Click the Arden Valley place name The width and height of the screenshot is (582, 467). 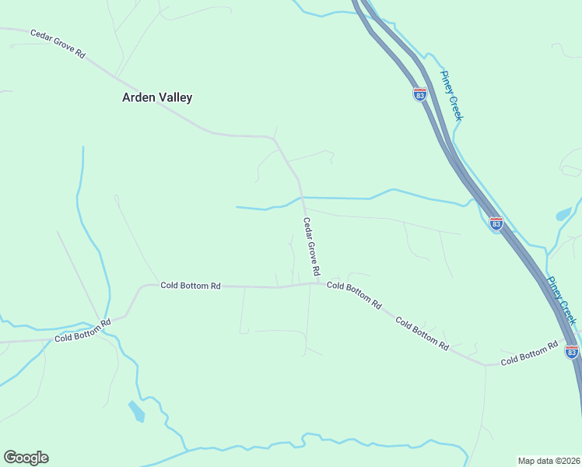(157, 98)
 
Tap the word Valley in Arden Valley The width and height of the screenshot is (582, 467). (175, 98)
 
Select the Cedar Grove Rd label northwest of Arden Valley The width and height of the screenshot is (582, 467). (58, 44)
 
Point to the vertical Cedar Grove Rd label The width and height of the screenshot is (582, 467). (311, 246)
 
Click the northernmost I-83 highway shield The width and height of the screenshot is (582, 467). (419, 94)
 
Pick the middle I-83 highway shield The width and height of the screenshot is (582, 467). (496, 224)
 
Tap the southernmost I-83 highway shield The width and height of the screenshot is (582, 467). (572, 352)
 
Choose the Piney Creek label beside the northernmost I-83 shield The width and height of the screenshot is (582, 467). (451, 95)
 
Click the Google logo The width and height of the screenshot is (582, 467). (26, 458)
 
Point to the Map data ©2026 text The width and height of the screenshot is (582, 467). (549, 461)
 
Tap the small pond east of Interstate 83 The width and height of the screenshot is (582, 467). (563, 214)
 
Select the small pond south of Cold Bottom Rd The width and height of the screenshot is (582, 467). (137, 410)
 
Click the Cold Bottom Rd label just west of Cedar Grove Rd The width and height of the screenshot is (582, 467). (191, 286)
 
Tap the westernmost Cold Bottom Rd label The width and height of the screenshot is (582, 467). (82, 330)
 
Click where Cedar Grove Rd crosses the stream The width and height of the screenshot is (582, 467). (302, 198)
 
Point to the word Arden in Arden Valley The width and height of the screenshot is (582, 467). (138, 98)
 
